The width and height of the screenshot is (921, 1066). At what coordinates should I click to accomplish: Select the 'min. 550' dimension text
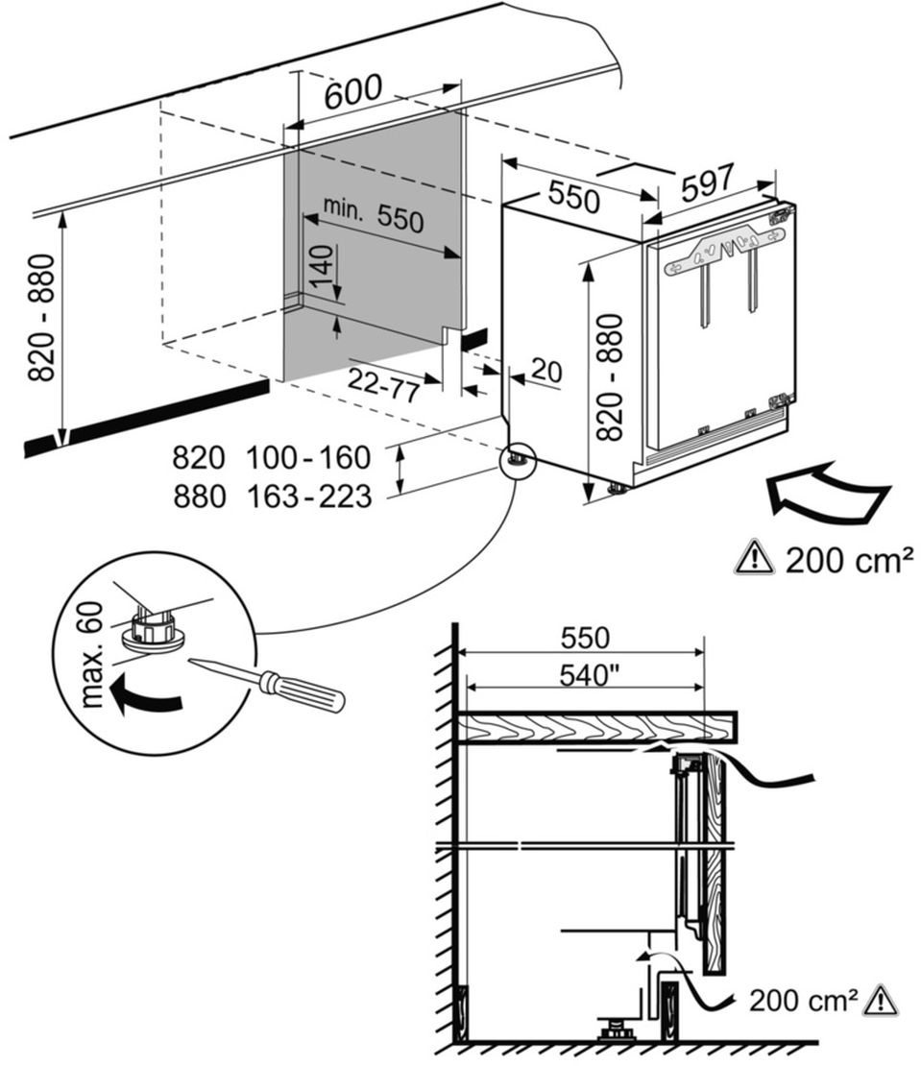coord(373,215)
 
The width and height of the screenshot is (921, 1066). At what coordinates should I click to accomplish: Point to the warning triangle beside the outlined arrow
coord(755,558)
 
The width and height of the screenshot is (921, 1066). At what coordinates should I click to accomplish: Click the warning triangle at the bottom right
coord(881,1001)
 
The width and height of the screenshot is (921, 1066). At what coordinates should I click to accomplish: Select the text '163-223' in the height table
coord(308,497)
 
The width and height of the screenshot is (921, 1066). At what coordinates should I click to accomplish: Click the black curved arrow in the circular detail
coord(142,697)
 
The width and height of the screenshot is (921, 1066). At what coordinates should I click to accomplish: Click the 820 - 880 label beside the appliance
coord(610,376)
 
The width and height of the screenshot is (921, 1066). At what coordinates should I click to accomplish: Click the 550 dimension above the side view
coord(584,638)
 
